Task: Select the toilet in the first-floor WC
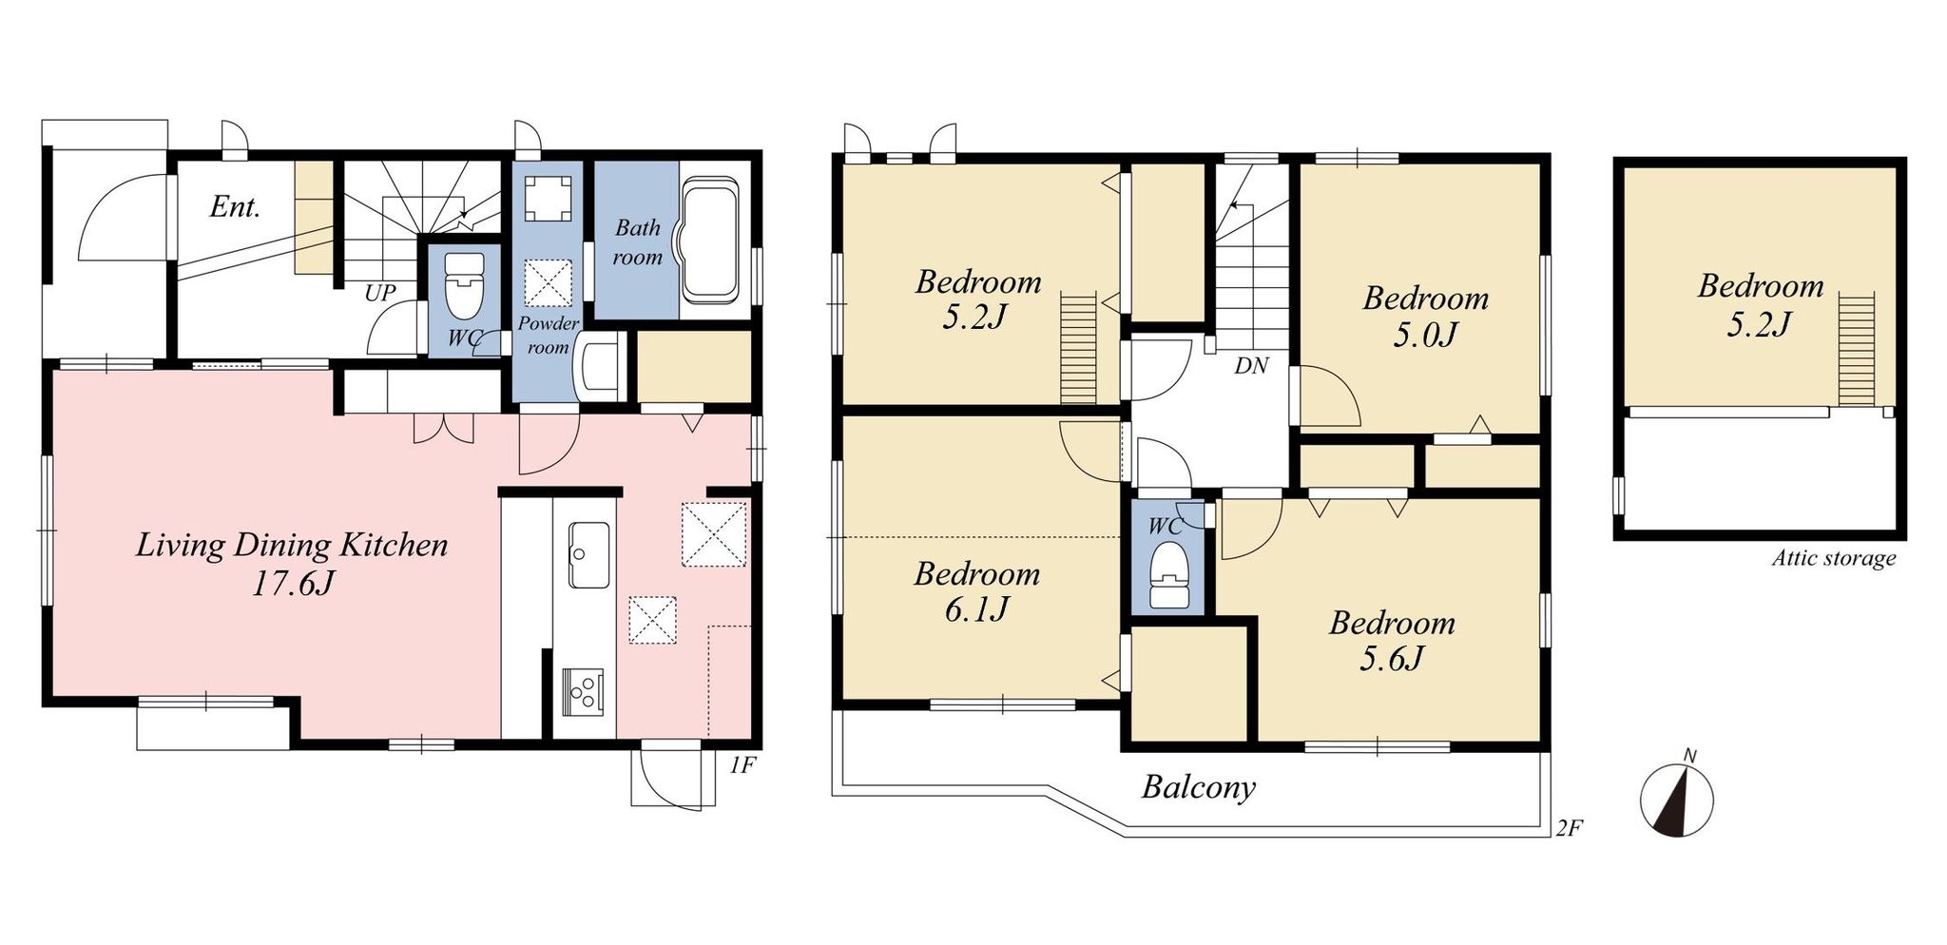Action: pos(465,285)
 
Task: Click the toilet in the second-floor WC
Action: pos(1168,574)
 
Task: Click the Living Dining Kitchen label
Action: pos(292,545)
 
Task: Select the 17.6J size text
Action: pos(292,583)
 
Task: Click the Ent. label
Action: pos(235,206)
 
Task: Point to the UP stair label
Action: pos(379,293)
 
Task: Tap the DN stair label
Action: pos(1251,365)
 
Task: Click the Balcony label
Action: pos(1199,787)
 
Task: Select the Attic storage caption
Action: pos(1833,558)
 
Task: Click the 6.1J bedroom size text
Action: pos(976,609)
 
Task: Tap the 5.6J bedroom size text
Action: pos(1391,658)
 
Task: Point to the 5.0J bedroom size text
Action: pos(1425,335)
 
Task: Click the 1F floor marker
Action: pos(742,764)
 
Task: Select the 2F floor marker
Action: pos(1570,828)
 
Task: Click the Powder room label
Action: pos(548,335)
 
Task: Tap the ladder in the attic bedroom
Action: pos(1856,350)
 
